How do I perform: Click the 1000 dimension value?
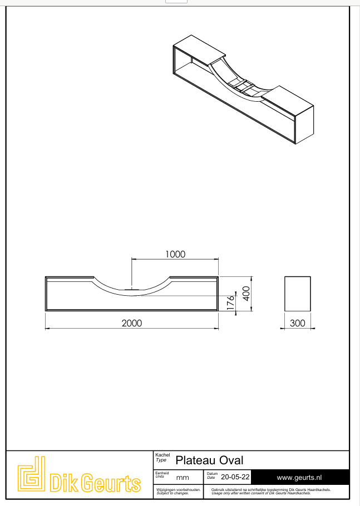(175, 254)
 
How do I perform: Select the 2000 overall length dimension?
(132, 323)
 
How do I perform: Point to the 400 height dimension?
(245, 293)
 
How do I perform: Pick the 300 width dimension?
(298, 323)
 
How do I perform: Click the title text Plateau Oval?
(209, 460)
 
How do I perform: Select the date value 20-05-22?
(235, 477)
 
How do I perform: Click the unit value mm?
(183, 478)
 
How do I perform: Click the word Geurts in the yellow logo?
(111, 483)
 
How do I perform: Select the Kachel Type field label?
(161, 458)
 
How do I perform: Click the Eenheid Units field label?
(161, 475)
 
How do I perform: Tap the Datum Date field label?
(212, 475)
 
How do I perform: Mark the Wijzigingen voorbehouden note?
(179, 492)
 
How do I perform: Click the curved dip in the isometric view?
(236, 83)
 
